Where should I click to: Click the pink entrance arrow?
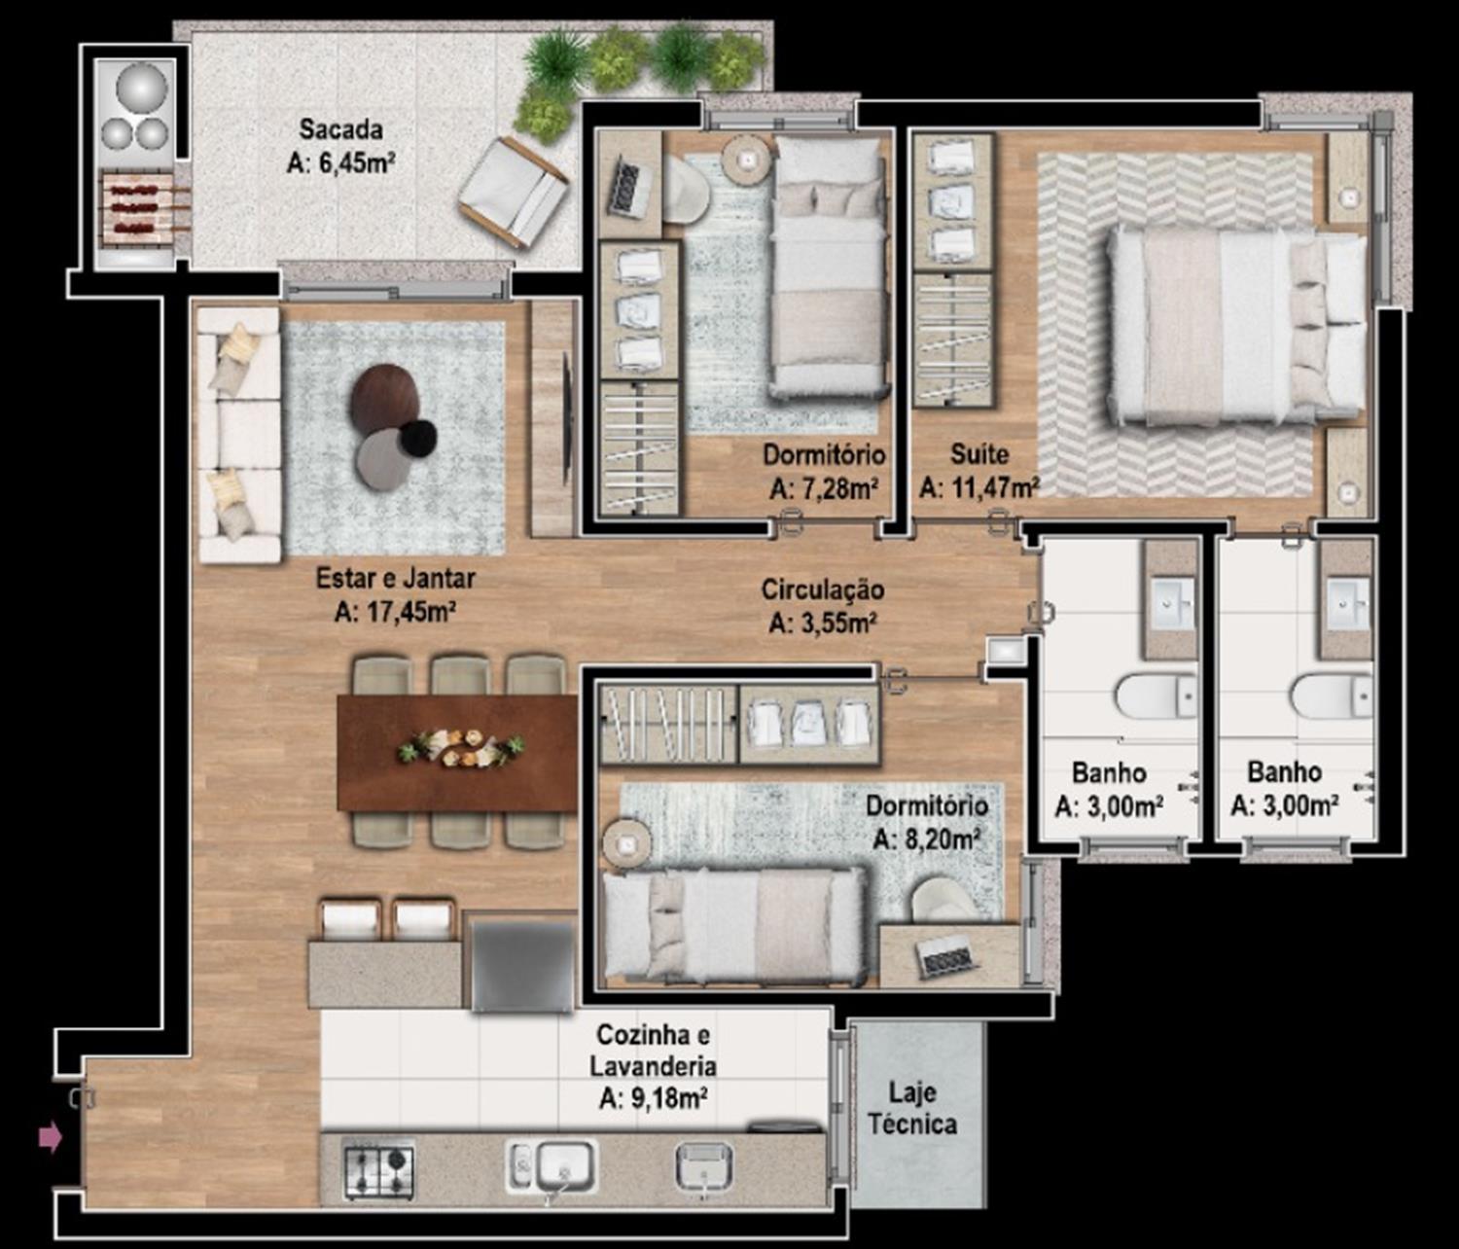point(51,1137)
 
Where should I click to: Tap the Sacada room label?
point(341,130)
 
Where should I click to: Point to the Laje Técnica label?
point(912,1109)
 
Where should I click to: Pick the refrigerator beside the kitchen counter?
point(522,963)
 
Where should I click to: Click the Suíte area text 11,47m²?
point(980,488)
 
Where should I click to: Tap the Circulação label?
point(822,589)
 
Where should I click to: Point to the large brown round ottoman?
point(385,398)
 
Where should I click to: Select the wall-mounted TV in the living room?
point(566,418)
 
